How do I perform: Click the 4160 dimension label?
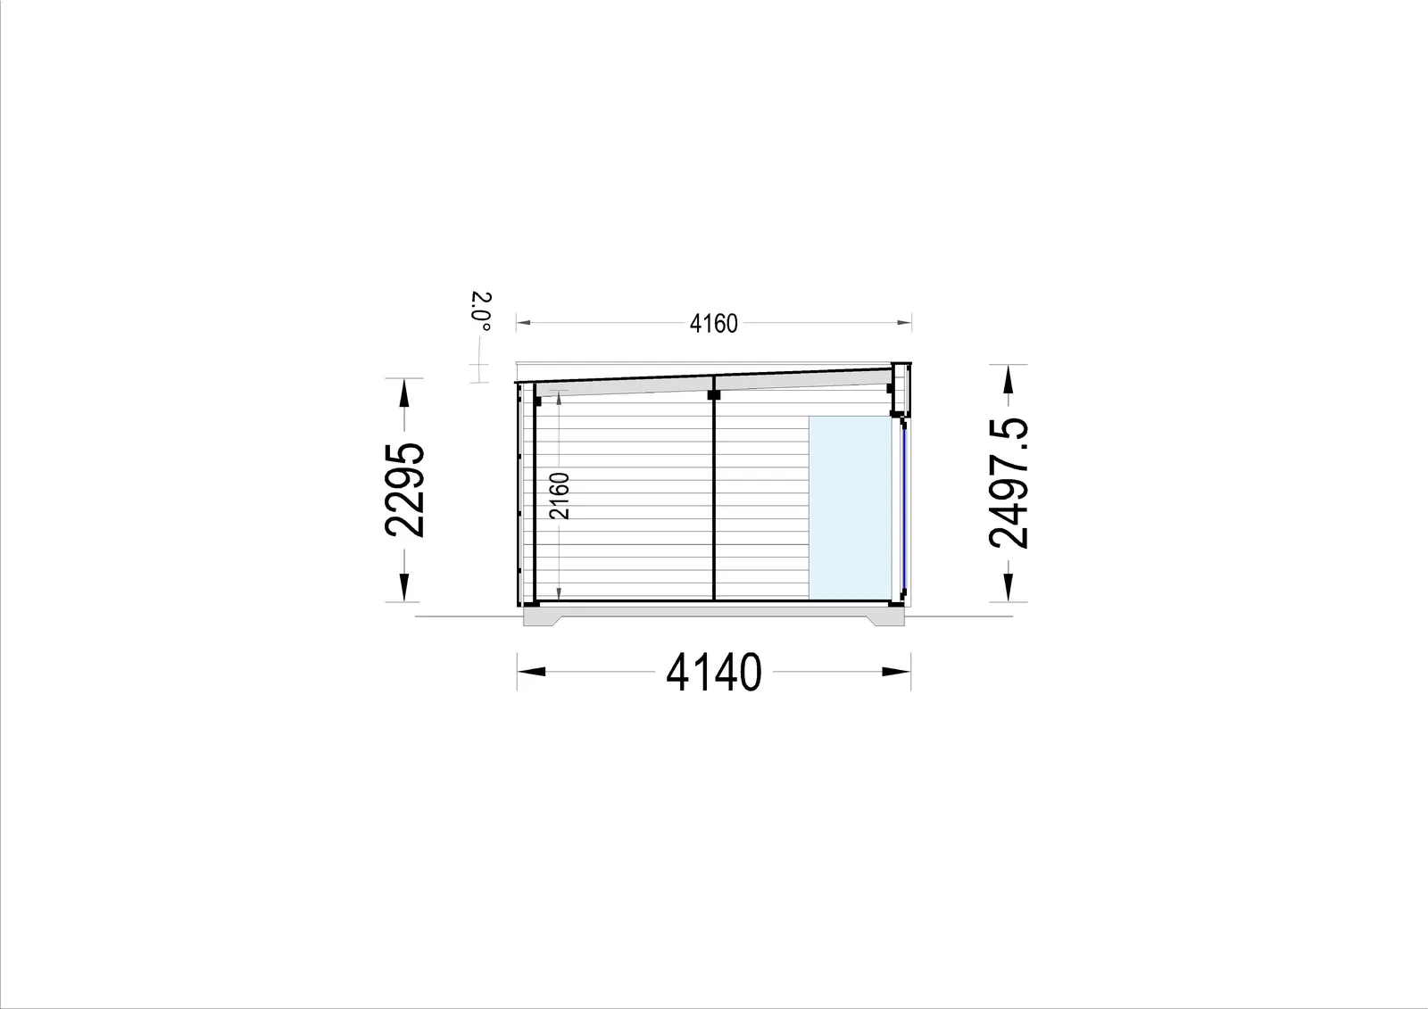coord(713,324)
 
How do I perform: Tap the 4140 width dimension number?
coord(713,672)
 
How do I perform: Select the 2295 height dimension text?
coord(404,490)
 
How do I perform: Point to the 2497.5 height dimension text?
coord(1009,483)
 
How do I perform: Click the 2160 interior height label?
coord(559,496)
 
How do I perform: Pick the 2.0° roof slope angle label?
coord(482,311)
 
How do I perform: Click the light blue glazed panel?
coord(850,508)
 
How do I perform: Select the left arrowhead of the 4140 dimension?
coord(531,671)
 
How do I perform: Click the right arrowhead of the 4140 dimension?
coord(896,671)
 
